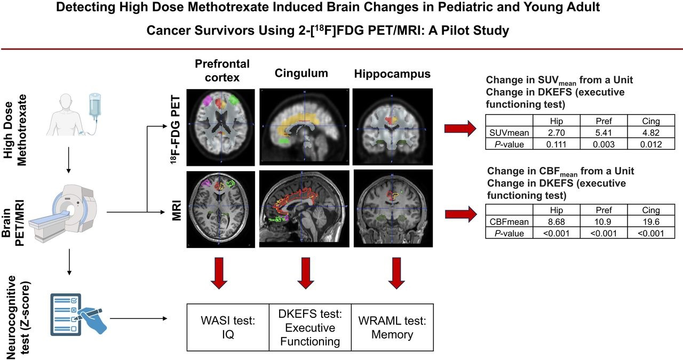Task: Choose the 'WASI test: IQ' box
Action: pos(228,327)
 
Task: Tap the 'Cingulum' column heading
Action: pos(301,73)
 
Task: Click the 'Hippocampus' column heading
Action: pos(392,73)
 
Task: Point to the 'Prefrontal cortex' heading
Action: pos(222,70)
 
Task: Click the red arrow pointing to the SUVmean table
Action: pos(460,127)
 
